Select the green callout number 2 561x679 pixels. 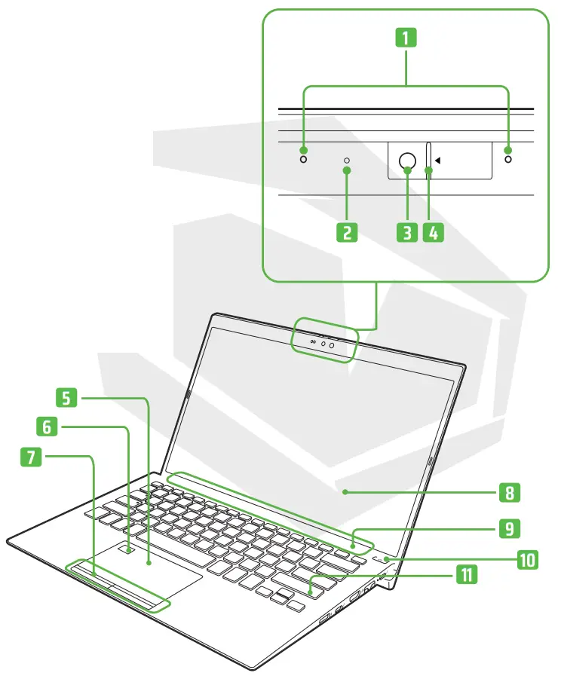pyautogui.click(x=346, y=231)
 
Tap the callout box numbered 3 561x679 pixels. pyautogui.click(x=406, y=231)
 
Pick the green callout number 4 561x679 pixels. pyautogui.click(x=433, y=231)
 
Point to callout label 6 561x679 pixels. pyautogui.click(x=47, y=427)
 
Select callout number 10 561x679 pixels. pyautogui.click(x=528, y=559)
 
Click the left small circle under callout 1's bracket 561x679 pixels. pyautogui.click(x=304, y=159)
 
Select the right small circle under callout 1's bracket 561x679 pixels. pyautogui.click(x=508, y=159)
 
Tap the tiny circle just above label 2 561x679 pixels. pyautogui.click(x=347, y=161)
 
